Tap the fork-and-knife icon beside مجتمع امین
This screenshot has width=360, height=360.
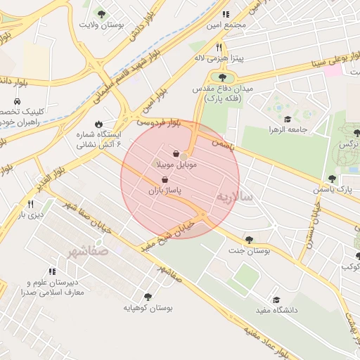pyautogui.click(x=225, y=13)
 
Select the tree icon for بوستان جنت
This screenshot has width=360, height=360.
pyautogui.click(x=250, y=240)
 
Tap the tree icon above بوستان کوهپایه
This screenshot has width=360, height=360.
pyautogui.click(x=148, y=297)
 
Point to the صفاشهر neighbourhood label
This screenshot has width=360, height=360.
pyautogui.click(x=88, y=250)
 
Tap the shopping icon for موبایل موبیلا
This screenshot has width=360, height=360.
pyautogui.click(x=175, y=153)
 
